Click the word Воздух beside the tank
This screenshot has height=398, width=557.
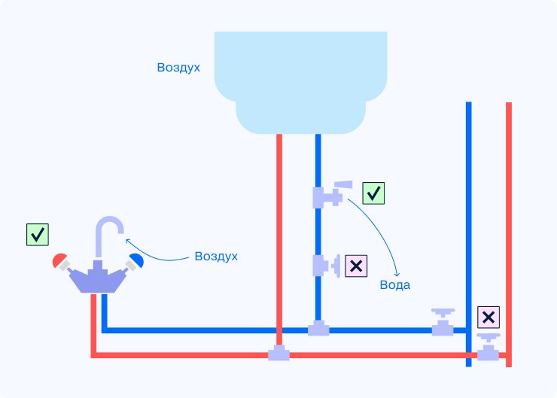tap(178, 68)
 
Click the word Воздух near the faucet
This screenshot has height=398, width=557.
tap(216, 256)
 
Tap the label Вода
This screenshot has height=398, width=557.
tap(395, 286)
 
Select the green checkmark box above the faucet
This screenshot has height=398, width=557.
tap(38, 234)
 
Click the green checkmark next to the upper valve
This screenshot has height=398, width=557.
tap(373, 193)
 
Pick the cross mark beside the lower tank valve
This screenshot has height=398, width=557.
tap(356, 266)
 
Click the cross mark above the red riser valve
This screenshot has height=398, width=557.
tap(489, 317)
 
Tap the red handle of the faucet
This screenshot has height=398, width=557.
tap(59, 261)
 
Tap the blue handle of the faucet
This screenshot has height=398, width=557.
tap(136, 260)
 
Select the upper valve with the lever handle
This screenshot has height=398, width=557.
tap(330, 195)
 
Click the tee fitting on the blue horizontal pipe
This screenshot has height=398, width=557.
tap(318, 329)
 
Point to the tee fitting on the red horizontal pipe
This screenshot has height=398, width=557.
tap(278, 353)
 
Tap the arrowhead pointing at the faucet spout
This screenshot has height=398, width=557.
tap(127, 242)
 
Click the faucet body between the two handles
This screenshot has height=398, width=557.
tap(97, 279)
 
